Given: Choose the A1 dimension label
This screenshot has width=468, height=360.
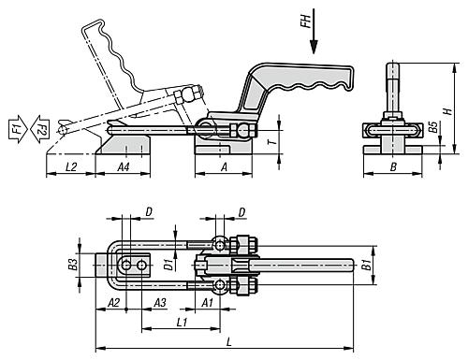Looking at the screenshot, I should [208, 303].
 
